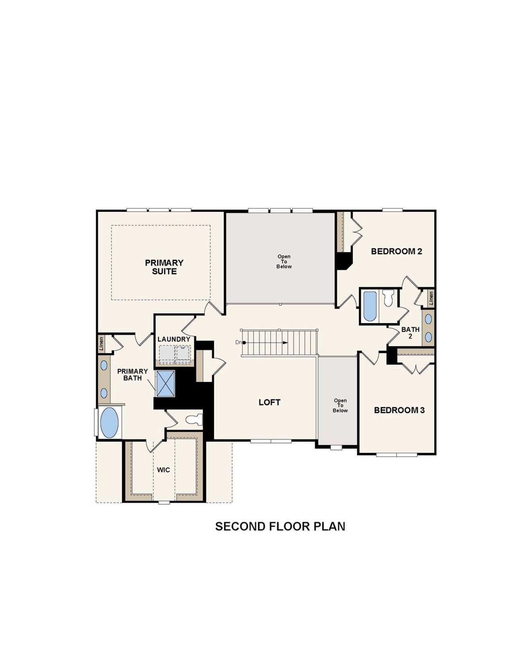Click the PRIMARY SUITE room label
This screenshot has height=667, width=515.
pyautogui.click(x=164, y=267)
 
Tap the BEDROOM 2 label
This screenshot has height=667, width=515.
pyautogui.click(x=396, y=251)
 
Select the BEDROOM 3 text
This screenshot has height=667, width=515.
pyautogui.click(x=399, y=410)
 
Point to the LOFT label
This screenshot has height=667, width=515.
pyautogui.click(x=269, y=402)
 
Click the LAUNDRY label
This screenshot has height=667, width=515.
pyautogui.click(x=174, y=339)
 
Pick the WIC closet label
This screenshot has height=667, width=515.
pyautogui.click(x=163, y=470)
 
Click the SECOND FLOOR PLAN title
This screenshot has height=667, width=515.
pyautogui.click(x=280, y=526)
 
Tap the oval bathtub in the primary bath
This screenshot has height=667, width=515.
pyautogui.click(x=109, y=423)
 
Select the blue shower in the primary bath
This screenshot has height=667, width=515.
pyautogui.click(x=165, y=383)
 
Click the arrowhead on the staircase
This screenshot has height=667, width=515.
pyautogui.click(x=285, y=342)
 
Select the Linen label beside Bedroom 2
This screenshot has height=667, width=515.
pyautogui.click(x=431, y=298)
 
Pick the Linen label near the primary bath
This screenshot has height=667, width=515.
pyautogui.click(x=102, y=343)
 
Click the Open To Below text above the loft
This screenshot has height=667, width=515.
pyautogui.click(x=284, y=261)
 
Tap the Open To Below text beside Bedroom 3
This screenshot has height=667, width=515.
pyautogui.click(x=340, y=406)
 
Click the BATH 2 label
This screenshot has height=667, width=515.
pyautogui.click(x=410, y=333)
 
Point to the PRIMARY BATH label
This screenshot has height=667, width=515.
pyautogui.click(x=132, y=375)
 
